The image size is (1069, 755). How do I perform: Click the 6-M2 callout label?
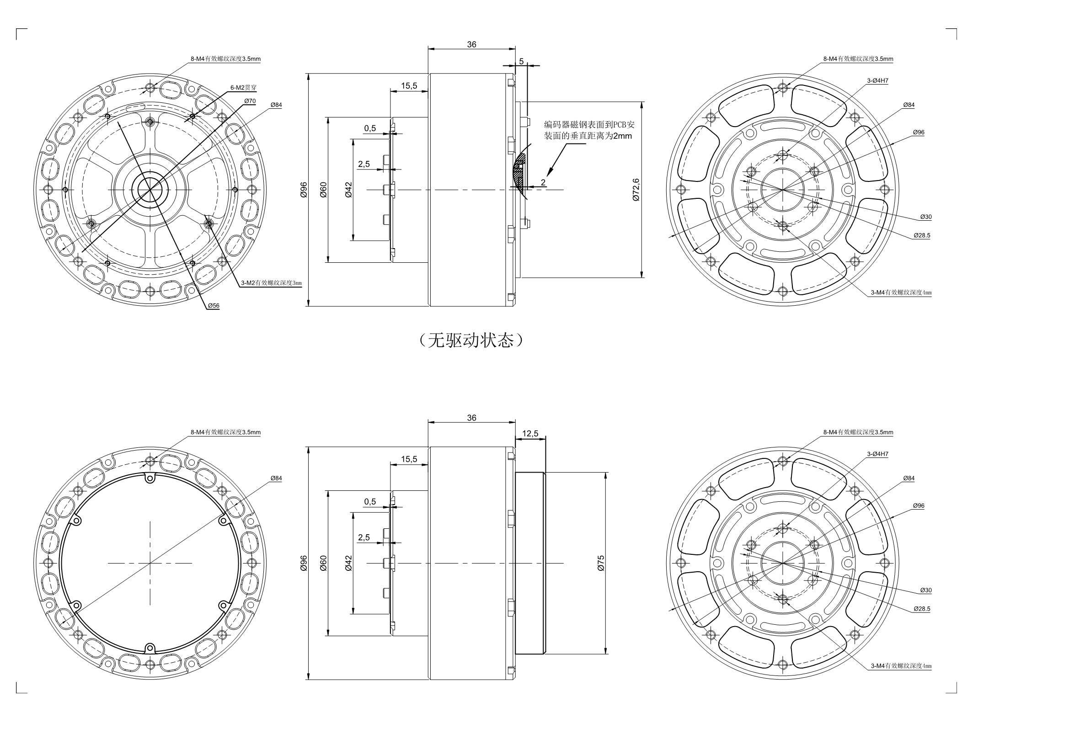pos(244,87)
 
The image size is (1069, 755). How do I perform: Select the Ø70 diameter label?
pos(250,101)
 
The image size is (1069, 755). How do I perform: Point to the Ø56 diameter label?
pos(214,305)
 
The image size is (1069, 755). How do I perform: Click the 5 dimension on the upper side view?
pos(521,61)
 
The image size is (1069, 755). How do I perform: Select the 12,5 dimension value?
pos(530,433)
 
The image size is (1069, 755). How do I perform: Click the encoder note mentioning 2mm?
pos(589,130)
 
